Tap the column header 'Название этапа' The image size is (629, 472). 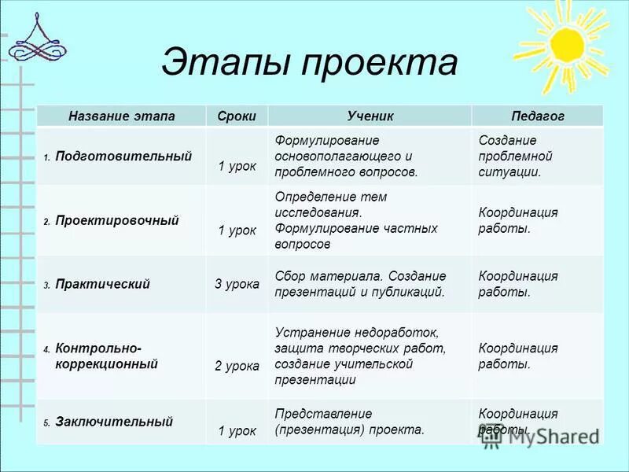[x=122, y=116]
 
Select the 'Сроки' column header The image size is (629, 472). [x=237, y=116]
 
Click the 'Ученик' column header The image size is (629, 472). [x=370, y=116]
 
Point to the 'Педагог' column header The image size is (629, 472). [x=538, y=116]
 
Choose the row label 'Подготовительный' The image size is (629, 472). [x=123, y=157]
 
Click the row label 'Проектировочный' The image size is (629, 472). [x=117, y=221]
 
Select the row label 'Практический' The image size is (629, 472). [x=102, y=284]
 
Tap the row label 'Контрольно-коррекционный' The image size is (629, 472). [x=107, y=356]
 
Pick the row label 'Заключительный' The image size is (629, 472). [x=114, y=422]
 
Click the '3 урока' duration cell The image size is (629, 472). [x=237, y=284]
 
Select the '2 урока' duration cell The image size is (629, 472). [x=237, y=366]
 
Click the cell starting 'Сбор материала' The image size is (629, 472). [x=361, y=284]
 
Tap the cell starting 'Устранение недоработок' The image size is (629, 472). [x=361, y=356]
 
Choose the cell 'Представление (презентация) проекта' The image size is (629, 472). [x=350, y=422]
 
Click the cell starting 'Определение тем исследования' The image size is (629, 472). [x=356, y=220]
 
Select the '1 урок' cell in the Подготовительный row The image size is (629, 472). [x=237, y=167]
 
